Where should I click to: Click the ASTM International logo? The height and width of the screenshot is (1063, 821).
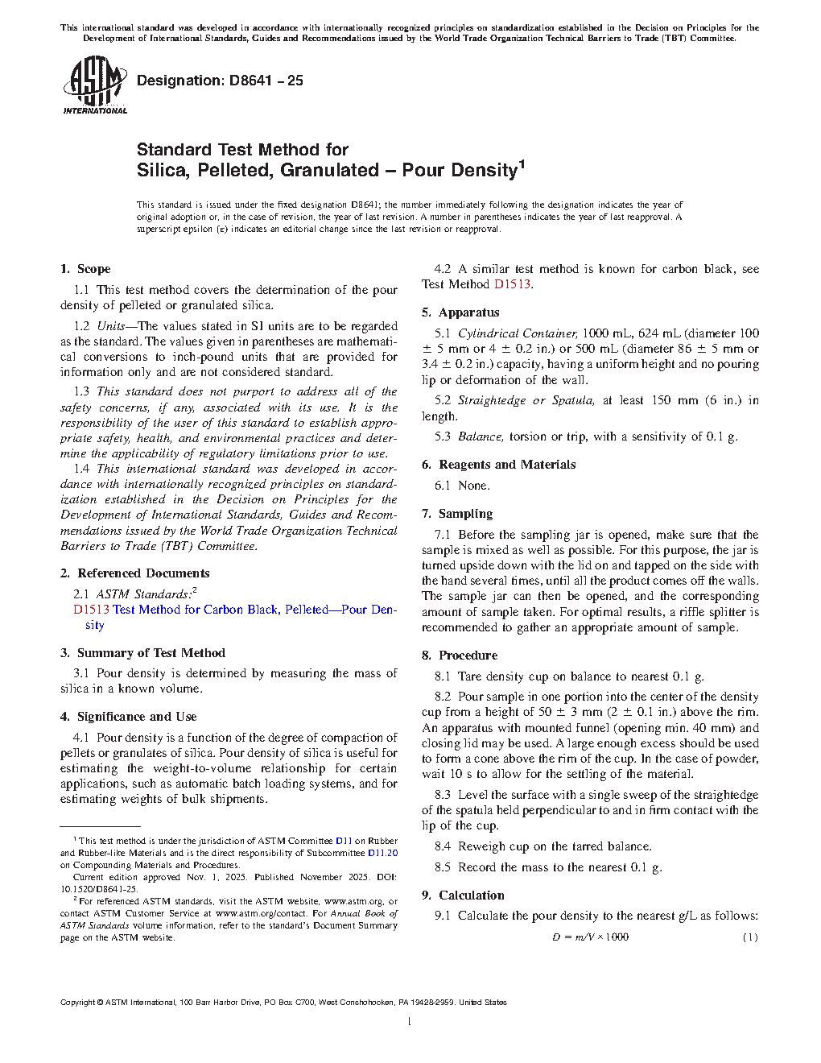click(x=95, y=85)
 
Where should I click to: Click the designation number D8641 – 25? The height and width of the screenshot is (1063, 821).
click(x=220, y=81)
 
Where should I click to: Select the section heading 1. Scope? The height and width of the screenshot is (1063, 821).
click(x=85, y=269)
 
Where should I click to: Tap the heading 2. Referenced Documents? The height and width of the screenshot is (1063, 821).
click(x=134, y=573)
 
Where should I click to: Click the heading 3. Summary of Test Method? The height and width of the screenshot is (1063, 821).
click(x=142, y=653)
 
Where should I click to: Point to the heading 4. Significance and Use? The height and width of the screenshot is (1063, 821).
click(x=128, y=717)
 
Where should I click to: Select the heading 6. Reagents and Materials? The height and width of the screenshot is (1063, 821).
click(x=498, y=465)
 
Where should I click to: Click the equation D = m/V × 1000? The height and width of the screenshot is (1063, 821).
click(x=590, y=937)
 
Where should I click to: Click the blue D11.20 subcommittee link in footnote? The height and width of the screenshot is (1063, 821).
click(x=382, y=853)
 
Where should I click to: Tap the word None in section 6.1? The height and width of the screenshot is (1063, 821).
click(x=474, y=486)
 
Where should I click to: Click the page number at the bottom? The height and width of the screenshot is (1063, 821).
click(x=410, y=1022)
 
